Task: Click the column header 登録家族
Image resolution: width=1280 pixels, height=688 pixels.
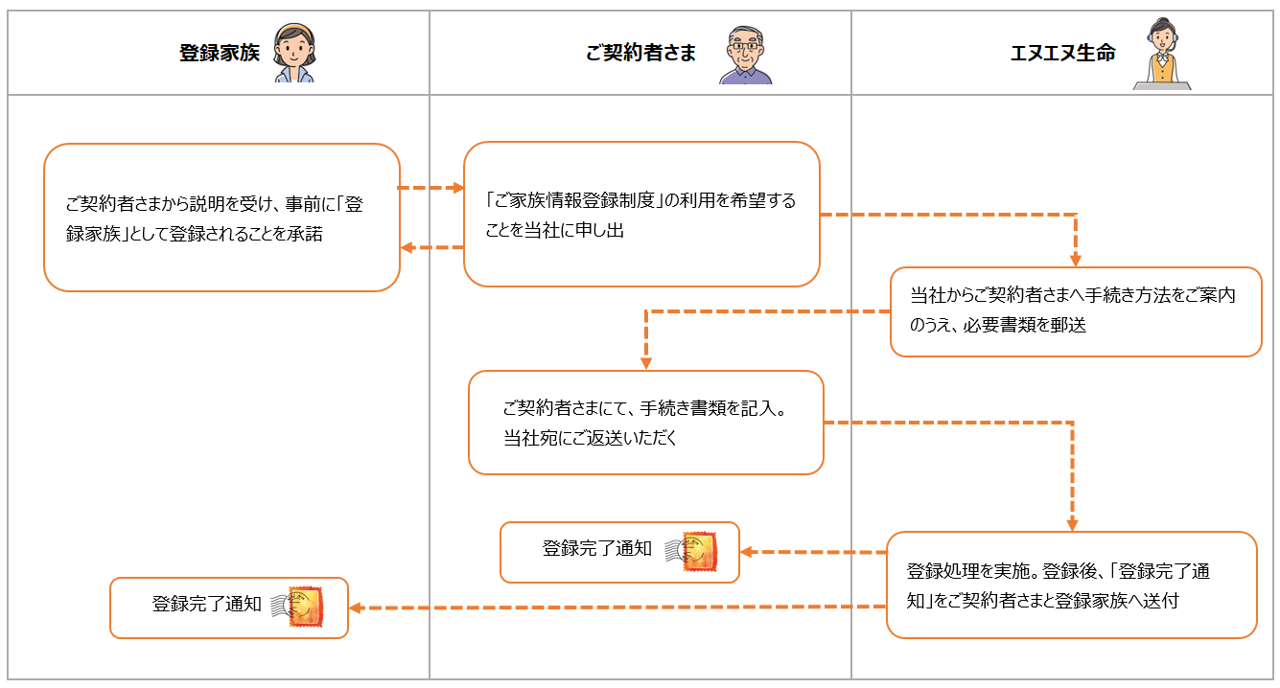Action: (x=220, y=54)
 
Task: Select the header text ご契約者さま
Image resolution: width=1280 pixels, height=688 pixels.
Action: (x=640, y=54)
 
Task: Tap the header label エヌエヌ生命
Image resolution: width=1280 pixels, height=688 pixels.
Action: (x=1062, y=54)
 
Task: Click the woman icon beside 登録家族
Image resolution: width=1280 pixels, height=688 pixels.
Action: (x=294, y=54)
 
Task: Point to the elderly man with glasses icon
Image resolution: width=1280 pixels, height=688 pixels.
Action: (x=745, y=55)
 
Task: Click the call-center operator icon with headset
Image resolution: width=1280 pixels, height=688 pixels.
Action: (x=1162, y=55)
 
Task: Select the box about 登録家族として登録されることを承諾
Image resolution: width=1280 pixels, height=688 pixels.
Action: (x=221, y=218)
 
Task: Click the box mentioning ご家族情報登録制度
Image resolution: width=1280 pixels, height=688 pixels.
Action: (x=641, y=215)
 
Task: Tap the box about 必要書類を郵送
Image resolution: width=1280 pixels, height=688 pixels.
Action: (x=1076, y=311)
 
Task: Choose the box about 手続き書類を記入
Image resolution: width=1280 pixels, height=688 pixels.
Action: (x=646, y=423)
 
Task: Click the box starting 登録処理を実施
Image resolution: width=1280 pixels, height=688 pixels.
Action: (x=1071, y=585)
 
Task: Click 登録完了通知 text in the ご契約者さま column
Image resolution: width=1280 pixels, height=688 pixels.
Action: (x=597, y=549)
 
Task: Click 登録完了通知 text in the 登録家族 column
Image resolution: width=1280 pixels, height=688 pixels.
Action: (x=207, y=605)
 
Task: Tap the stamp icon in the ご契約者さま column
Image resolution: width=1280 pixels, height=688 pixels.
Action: (x=698, y=552)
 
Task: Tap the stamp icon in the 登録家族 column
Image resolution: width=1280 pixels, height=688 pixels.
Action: (x=303, y=607)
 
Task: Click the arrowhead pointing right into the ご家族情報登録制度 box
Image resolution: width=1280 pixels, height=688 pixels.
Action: (x=457, y=188)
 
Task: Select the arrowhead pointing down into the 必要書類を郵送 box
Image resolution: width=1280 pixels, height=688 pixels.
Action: (x=1076, y=260)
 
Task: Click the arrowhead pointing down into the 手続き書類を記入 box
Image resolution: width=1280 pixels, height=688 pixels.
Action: (x=646, y=363)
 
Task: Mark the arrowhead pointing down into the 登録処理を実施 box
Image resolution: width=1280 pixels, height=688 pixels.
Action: (x=1072, y=524)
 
